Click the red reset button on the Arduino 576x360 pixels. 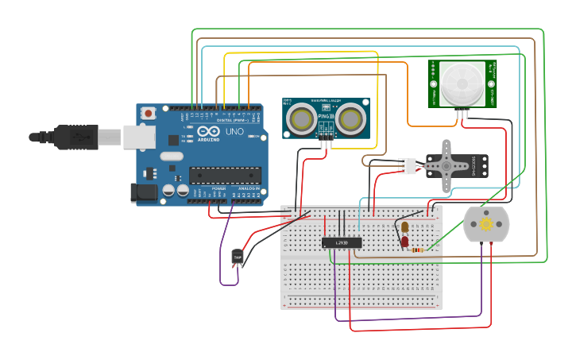tap(149, 114)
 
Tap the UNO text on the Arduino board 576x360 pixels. tap(234, 132)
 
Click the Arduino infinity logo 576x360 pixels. tap(208, 132)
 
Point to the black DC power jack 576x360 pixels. tap(143, 192)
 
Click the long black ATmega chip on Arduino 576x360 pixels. tap(225, 174)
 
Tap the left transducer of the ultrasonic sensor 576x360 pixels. tap(302, 119)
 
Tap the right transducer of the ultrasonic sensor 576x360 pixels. tap(350, 119)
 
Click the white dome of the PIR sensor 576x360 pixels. tap(462, 81)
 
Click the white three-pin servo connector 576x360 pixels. tap(408, 165)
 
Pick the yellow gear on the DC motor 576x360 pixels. tap(486, 225)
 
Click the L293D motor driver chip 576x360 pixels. tap(342, 242)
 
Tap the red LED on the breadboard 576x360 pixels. tap(404, 241)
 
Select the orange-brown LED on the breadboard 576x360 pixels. tap(404, 227)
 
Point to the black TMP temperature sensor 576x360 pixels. tap(237, 256)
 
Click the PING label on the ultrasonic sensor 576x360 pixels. tap(326, 117)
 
